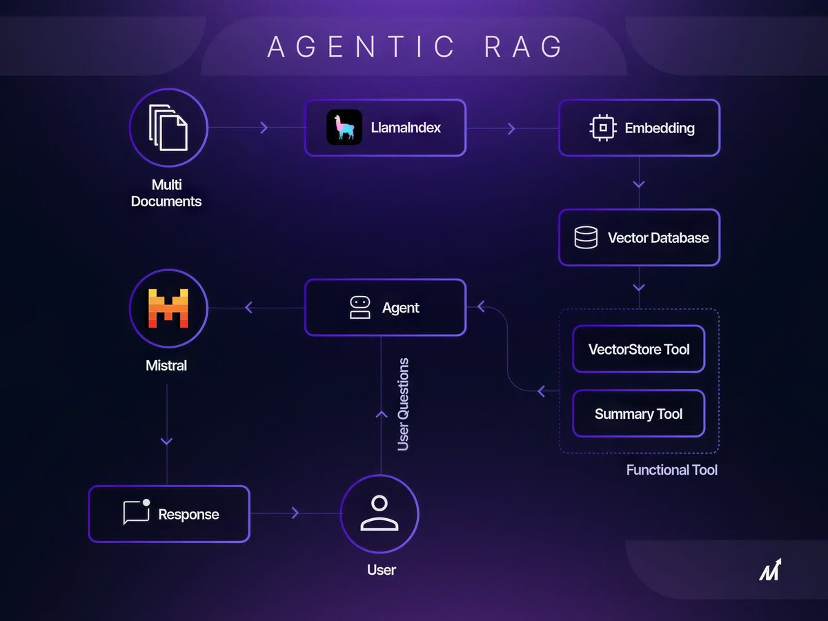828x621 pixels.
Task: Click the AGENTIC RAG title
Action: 415,47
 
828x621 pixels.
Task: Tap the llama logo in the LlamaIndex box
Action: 344,128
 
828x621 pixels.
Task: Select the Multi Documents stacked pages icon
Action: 168,127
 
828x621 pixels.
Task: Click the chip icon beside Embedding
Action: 603,128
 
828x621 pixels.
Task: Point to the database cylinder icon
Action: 586,237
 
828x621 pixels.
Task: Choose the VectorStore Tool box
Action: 638,349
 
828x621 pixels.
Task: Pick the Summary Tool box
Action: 638,414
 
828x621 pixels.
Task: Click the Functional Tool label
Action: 671,470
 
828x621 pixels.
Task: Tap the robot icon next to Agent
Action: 360,308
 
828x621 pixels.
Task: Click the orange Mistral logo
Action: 168,308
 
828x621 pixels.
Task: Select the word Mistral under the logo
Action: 166,366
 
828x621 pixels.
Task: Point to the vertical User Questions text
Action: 404,404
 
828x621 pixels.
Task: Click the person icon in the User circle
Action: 379,513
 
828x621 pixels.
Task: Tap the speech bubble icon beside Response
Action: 136,513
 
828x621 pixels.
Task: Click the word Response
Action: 188,514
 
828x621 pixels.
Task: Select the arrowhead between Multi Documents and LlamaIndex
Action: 264,128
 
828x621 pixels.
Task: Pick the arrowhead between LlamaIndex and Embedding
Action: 511,128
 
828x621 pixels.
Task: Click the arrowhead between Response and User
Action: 295,513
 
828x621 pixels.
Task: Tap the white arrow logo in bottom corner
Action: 771,570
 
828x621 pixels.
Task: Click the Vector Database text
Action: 658,238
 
